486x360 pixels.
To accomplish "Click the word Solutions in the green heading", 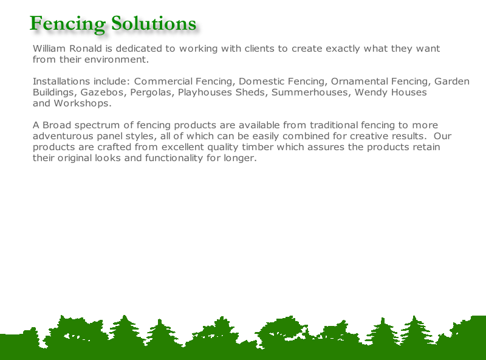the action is click(x=154, y=23).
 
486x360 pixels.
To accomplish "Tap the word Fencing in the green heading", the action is click(x=67, y=24).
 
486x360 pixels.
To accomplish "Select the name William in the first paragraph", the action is click(x=49, y=49).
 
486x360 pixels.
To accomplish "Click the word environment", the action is click(x=117, y=59).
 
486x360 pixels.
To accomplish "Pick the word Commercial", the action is click(x=163, y=81).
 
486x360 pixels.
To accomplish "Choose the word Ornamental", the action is click(x=360, y=81).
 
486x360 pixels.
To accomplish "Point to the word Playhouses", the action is click(x=205, y=93).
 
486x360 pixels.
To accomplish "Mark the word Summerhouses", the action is click(x=311, y=92).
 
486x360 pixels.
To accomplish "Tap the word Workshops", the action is click(x=83, y=103).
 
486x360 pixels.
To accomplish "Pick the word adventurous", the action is click(x=63, y=136).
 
